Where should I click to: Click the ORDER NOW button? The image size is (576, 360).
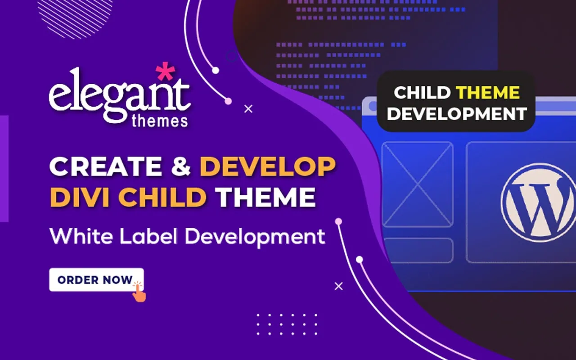pos(96,280)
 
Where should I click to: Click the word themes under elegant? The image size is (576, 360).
pos(160,121)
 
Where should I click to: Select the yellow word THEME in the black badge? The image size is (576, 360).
pos(487,92)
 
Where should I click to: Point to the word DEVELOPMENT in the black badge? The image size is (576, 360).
pos(457,114)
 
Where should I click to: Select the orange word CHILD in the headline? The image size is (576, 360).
pos(162,197)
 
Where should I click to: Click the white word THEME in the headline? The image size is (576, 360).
pos(265,197)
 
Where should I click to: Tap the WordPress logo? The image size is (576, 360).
pos(539,202)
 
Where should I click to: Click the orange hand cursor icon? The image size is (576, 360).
pos(139,292)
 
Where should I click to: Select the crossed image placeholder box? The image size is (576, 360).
pos(417,184)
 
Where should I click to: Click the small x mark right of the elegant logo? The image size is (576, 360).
pos(248,109)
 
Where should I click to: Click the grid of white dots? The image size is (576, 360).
pos(287,324)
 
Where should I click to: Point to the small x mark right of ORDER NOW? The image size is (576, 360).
pos(339,286)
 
